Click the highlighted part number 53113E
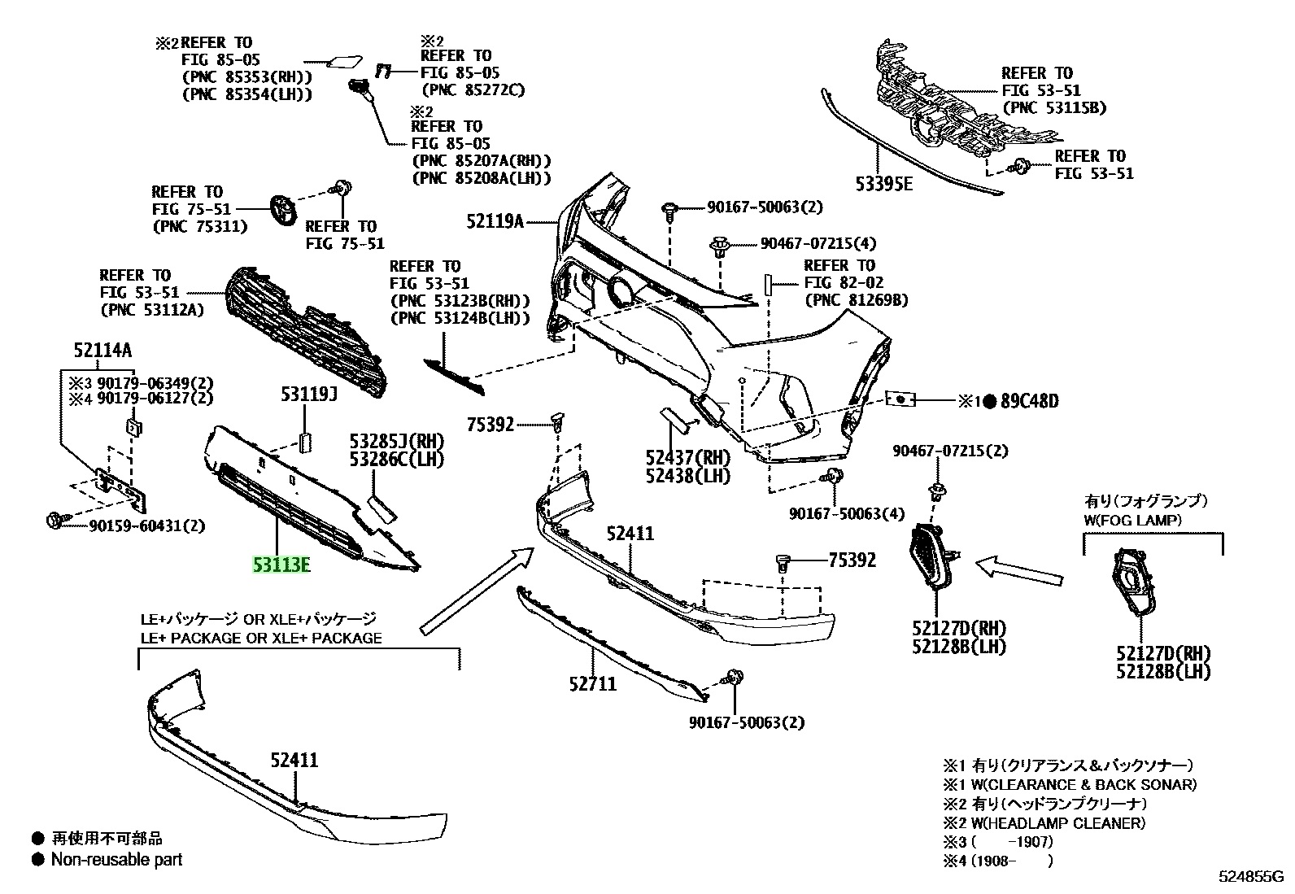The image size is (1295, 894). (x=281, y=564)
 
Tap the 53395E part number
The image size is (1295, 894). (x=883, y=184)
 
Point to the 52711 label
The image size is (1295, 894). (x=592, y=683)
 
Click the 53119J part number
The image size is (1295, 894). (x=309, y=395)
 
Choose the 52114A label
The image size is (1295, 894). (x=102, y=351)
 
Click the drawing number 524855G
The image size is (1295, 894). (x=1250, y=877)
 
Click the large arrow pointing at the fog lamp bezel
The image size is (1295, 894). (x=1018, y=569)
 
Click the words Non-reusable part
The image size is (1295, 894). (x=116, y=859)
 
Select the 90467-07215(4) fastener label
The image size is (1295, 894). (x=807, y=243)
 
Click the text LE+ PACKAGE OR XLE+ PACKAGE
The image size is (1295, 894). (x=261, y=638)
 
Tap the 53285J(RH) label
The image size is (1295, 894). (x=397, y=442)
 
